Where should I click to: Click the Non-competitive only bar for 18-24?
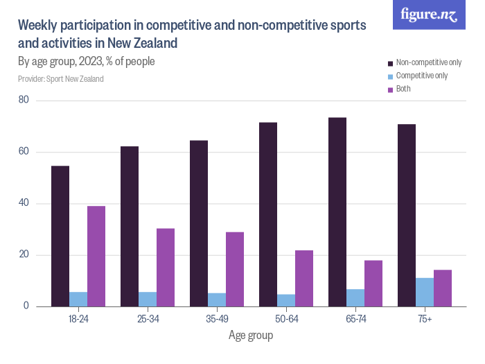(x=60, y=236)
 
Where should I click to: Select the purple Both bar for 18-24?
(x=96, y=256)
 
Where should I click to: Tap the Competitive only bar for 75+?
(x=425, y=292)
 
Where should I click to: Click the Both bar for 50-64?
(x=304, y=278)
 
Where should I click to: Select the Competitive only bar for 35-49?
(x=217, y=300)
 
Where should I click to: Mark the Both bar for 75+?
(x=443, y=288)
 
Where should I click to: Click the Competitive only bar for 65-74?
(x=355, y=297)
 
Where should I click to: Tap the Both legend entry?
(x=403, y=89)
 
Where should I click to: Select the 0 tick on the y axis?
(x=26, y=306)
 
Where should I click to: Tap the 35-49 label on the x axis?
(x=217, y=319)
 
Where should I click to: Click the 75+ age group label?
(x=425, y=319)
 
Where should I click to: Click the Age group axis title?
(x=251, y=336)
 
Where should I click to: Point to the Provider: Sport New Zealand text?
(x=61, y=79)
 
